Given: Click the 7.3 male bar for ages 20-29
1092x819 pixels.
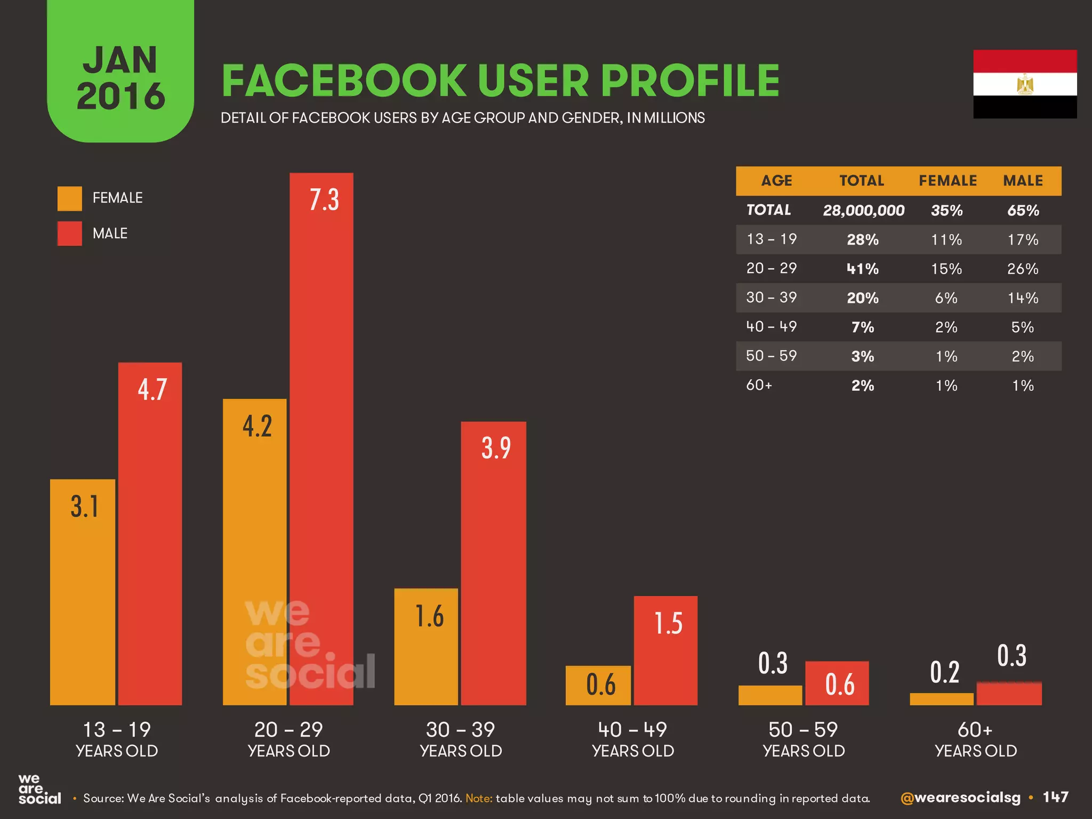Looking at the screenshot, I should point(321,437).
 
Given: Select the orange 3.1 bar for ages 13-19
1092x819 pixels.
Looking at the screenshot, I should point(83,592).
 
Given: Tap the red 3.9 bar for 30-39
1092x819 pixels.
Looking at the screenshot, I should point(493,563).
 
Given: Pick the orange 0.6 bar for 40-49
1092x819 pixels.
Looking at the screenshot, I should point(598,685).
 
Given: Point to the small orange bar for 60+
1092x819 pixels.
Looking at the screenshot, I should point(941,699).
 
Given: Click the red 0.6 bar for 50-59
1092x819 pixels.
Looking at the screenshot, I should point(837,684).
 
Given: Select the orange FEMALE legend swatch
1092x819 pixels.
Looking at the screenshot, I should point(69,198).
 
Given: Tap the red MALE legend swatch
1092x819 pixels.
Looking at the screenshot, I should point(69,234).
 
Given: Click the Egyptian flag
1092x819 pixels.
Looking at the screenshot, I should point(1024,84).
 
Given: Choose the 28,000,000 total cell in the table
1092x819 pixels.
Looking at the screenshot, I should point(863,211).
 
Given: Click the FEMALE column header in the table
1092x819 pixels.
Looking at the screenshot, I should point(948,181).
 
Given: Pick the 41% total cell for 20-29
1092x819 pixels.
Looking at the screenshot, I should point(862,269).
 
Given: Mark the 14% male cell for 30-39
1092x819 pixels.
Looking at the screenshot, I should point(1022,298).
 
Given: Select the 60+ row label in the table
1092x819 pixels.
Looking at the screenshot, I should point(759,385).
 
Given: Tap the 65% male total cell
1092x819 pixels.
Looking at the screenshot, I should point(1023,211).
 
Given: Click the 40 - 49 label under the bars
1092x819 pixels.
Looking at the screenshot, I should point(632,729).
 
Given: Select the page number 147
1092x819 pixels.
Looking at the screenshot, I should point(1055,797).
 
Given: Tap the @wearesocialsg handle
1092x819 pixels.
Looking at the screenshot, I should point(960,798).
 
